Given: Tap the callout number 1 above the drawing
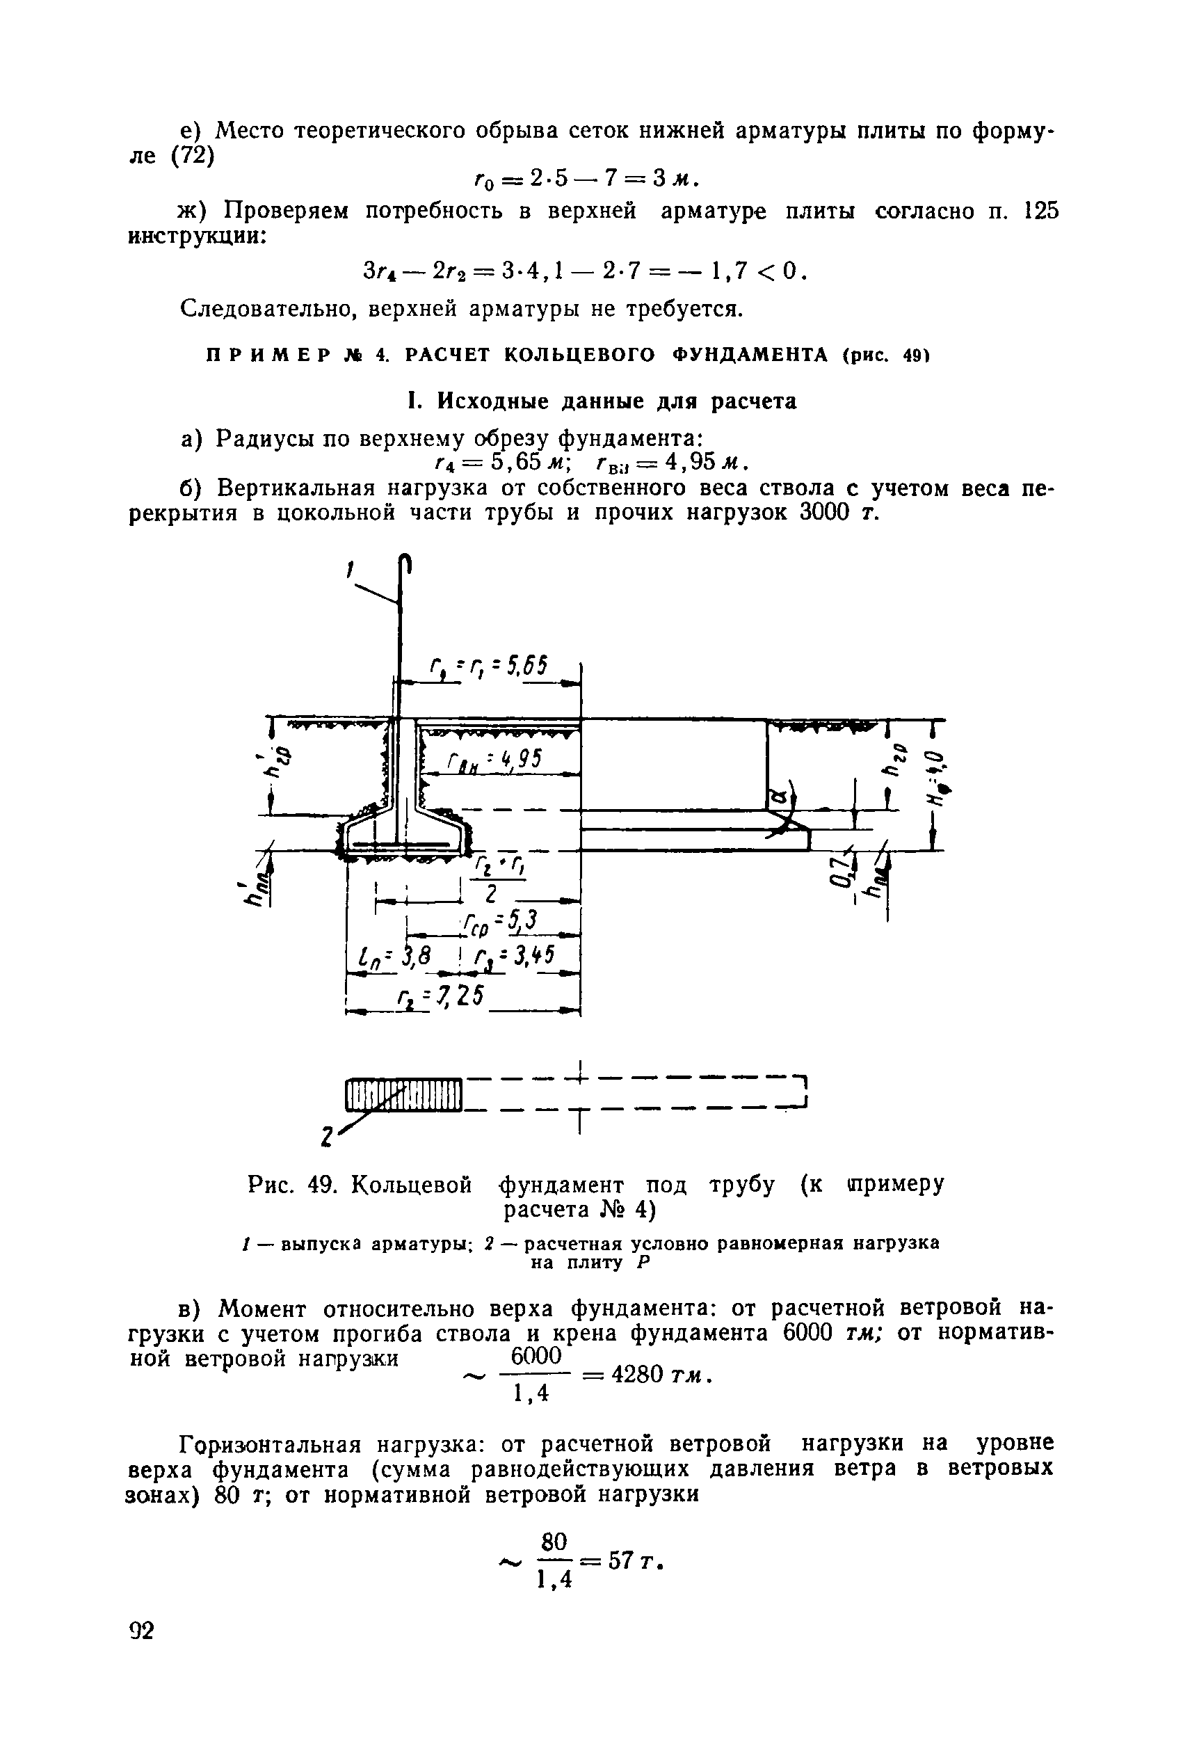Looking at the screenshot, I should (x=350, y=572).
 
